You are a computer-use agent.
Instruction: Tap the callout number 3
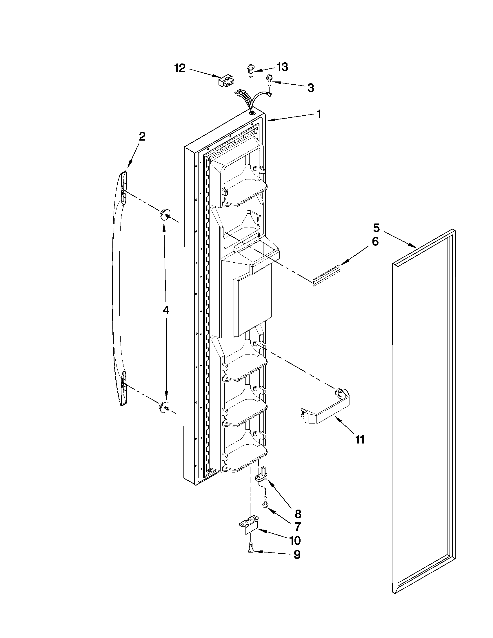coord(311,87)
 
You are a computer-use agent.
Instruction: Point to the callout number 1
coord(319,114)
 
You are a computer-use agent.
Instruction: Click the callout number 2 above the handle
coord(142,137)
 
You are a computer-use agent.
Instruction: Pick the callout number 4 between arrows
coord(165,310)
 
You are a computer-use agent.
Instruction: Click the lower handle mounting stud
coord(164,406)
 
